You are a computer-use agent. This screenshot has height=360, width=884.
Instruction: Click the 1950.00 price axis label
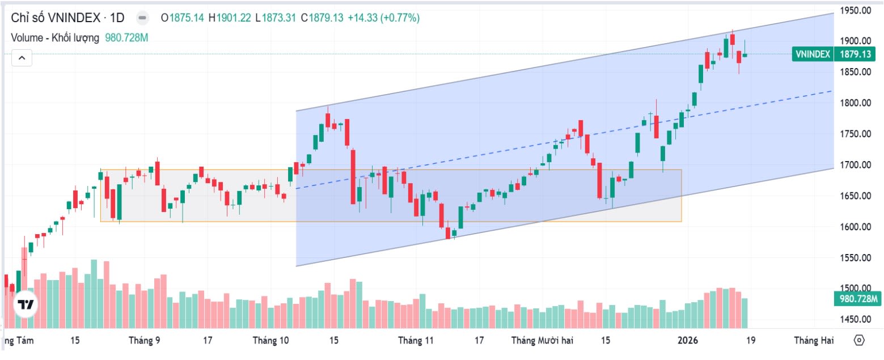[x=856, y=10]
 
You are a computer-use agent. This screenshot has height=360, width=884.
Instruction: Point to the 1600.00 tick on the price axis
[x=856, y=227]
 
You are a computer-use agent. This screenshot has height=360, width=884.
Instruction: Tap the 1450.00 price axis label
[x=856, y=319]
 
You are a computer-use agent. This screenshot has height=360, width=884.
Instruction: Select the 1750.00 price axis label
[x=856, y=134]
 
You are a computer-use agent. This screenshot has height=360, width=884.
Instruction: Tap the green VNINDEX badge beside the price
[x=813, y=54]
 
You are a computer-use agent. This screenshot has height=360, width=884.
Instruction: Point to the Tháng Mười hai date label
[x=542, y=340]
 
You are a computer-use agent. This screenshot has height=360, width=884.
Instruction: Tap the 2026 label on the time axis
[x=688, y=340]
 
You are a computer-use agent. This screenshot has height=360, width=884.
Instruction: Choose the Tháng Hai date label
[x=814, y=340]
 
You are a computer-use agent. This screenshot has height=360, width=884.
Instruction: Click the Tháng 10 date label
[x=270, y=340]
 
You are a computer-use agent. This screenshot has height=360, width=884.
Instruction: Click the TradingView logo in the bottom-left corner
[x=26, y=304]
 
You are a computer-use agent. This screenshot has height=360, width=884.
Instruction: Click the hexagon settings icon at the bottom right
[x=859, y=340]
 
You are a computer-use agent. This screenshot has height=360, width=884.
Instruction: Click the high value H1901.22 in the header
[x=230, y=18]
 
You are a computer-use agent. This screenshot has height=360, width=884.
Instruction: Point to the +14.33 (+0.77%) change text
[x=383, y=18]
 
